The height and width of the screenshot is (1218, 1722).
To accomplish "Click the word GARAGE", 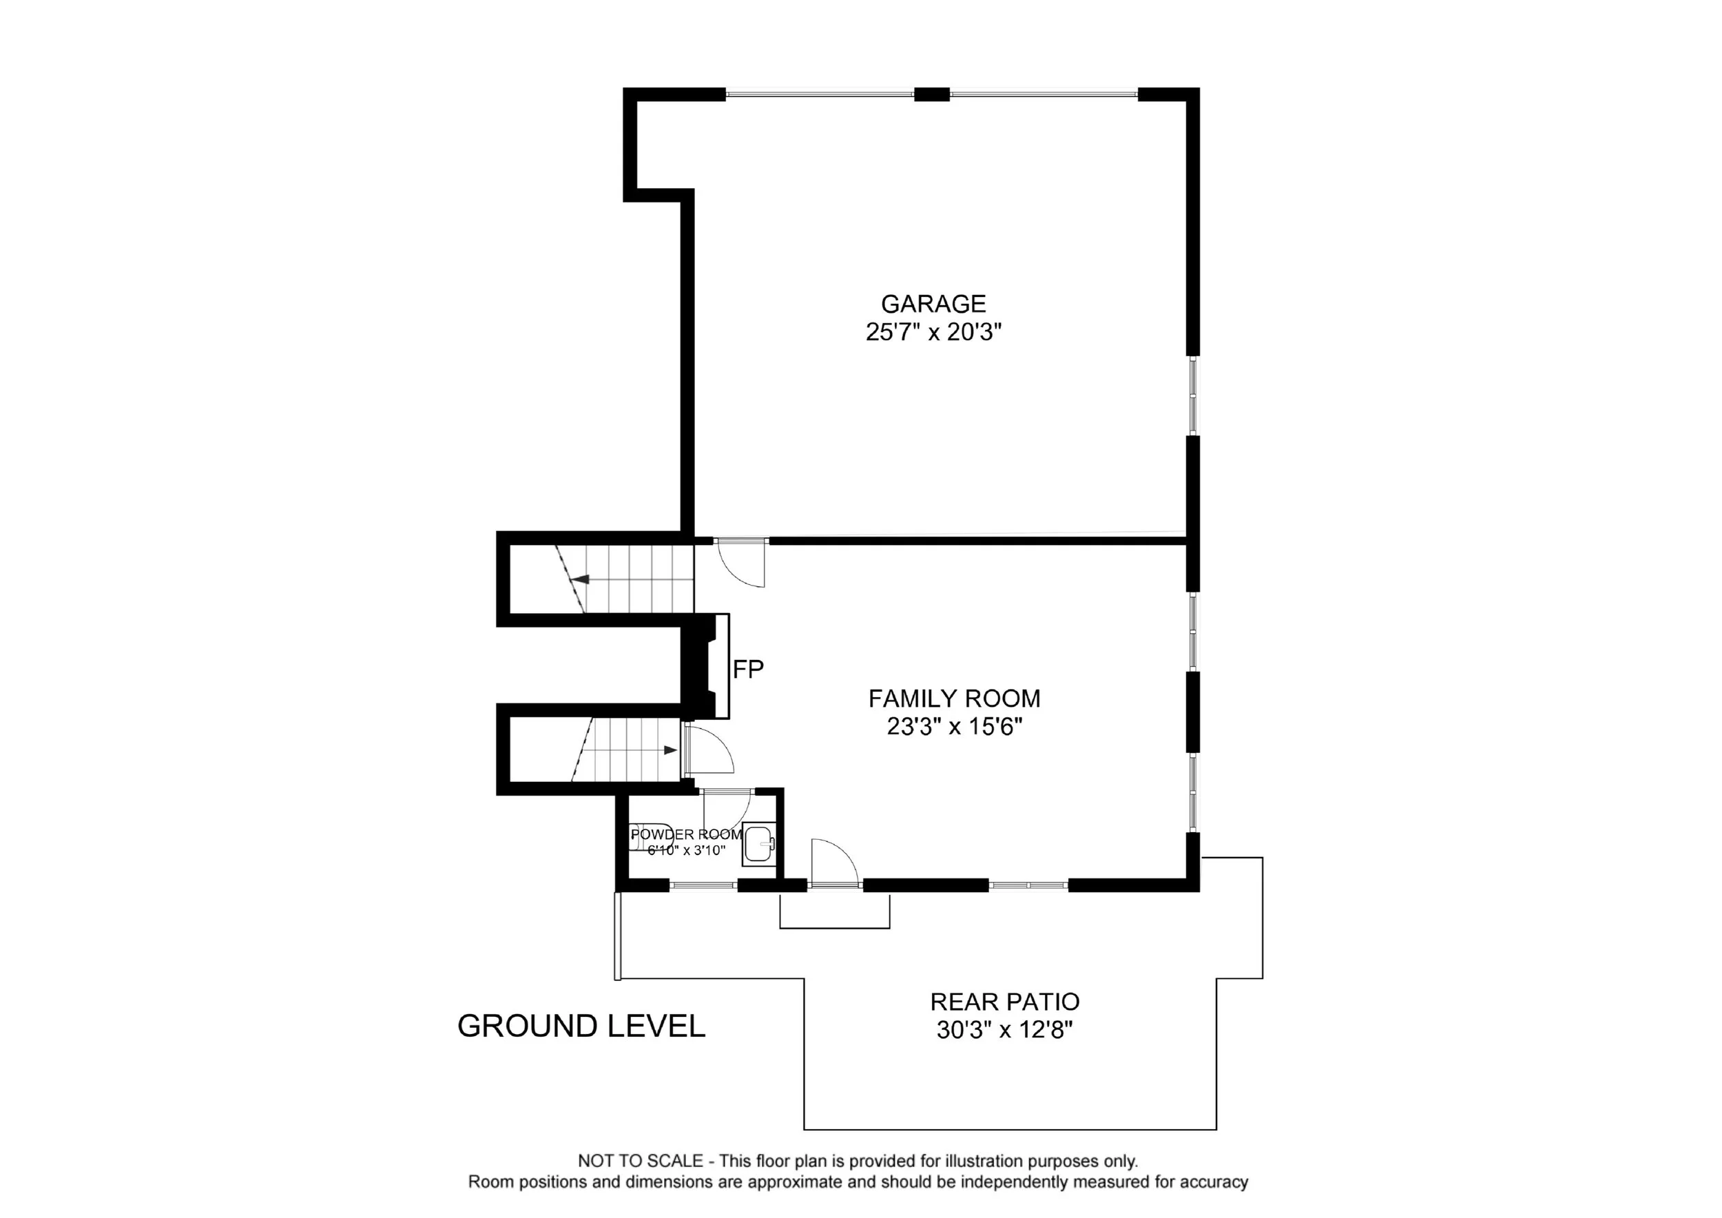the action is pyautogui.click(x=933, y=304).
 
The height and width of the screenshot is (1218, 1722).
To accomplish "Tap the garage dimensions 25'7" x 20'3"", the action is pyautogui.click(x=934, y=332).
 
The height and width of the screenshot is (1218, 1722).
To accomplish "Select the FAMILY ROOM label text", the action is pyautogui.click(x=954, y=699).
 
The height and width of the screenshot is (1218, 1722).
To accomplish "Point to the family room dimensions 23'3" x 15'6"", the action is pyautogui.click(x=955, y=727).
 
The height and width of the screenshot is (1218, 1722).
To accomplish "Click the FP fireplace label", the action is pyautogui.click(x=748, y=669).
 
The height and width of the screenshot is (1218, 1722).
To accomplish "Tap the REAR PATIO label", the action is pyautogui.click(x=1005, y=1001).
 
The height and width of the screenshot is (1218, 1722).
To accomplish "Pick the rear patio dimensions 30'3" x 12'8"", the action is pyautogui.click(x=1005, y=1030).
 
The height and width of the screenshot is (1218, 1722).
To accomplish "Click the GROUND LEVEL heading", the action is pyautogui.click(x=581, y=1026).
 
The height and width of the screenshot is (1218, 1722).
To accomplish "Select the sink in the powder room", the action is pyautogui.click(x=758, y=845).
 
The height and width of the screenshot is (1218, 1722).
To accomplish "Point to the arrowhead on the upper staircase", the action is pyautogui.click(x=580, y=579).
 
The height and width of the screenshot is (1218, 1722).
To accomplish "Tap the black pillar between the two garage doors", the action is pyautogui.click(x=931, y=94).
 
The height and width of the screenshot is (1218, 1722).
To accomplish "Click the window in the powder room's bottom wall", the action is pyautogui.click(x=703, y=885).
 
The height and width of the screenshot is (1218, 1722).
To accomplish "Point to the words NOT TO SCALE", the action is pyautogui.click(x=641, y=1161).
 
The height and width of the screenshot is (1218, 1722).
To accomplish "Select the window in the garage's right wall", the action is pyautogui.click(x=1193, y=395).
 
